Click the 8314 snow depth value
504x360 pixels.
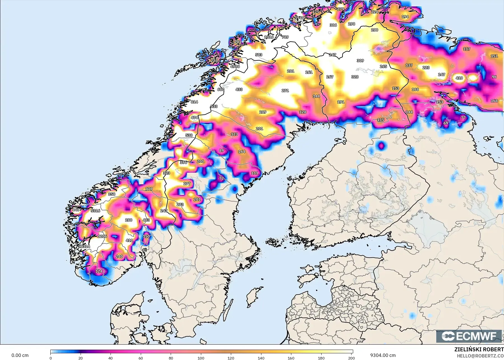tap(85, 246)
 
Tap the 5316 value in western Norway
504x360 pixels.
tap(95, 211)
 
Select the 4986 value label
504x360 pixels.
tap(235, 66)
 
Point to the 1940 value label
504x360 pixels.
tap(299, 18)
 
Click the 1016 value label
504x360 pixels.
tap(269, 37)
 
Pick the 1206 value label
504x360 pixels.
tap(102, 236)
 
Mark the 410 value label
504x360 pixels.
tap(459, 78)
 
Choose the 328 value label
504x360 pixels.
tap(355, 77)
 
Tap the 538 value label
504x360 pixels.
tap(189, 135)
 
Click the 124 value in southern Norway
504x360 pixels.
tap(99, 271)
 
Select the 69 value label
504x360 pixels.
tap(446, 123)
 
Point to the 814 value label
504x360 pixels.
tap(194, 102)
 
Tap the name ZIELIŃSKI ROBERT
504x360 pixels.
tap(479, 350)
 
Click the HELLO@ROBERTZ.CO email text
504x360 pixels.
tap(480, 356)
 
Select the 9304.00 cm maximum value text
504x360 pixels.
tap(383, 355)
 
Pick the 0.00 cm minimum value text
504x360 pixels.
tap(20, 355)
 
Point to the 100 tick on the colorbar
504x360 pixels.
tap(201, 358)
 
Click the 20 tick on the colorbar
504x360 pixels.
tap(81, 358)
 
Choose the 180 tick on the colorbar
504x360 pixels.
tap(321, 358)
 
